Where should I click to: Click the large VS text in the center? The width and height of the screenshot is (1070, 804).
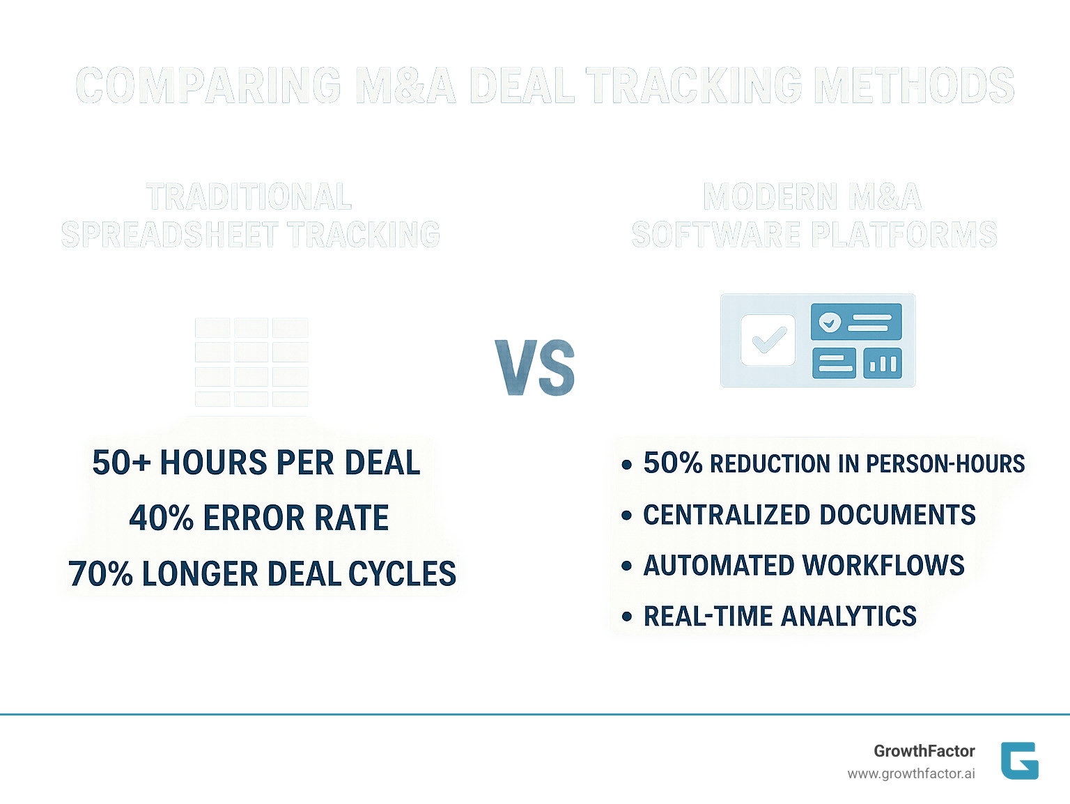pos(535,367)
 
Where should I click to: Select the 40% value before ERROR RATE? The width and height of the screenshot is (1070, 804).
pos(161,518)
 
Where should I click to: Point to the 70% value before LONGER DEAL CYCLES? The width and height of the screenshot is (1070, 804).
pos(100,574)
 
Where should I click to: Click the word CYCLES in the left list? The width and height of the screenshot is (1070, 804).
pos(402,574)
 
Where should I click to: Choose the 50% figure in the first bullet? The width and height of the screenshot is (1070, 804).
pos(672,463)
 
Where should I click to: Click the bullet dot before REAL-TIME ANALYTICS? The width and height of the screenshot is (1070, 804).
pos(627,617)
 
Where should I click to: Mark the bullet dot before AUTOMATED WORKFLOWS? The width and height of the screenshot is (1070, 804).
pos(627,566)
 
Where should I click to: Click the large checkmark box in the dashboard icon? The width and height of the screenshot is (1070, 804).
pos(768,340)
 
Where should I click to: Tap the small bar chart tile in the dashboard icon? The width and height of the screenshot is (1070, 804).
pos(883,363)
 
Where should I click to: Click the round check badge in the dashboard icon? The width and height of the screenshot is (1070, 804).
pos(830,322)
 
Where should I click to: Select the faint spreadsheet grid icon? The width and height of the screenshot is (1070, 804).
pos(251,362)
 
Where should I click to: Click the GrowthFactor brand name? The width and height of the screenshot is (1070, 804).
pos(924,751)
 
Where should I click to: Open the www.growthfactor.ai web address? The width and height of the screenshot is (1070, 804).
pos(910,773)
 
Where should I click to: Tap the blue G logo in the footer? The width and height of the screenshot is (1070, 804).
pos(1019,760)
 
